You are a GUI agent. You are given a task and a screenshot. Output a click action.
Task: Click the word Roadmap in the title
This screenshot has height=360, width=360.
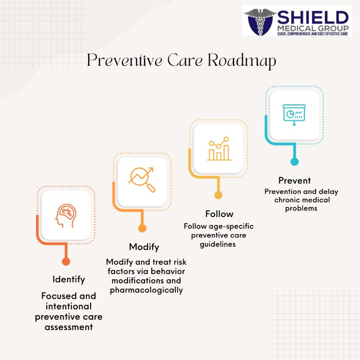point(242,61)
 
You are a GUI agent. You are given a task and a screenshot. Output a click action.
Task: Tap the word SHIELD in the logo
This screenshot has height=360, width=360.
point(313,17)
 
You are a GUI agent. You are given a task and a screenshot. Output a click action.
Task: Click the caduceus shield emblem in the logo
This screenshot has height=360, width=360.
point(260,22)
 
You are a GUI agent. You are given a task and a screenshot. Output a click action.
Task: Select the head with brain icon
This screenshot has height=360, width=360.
point(66,216)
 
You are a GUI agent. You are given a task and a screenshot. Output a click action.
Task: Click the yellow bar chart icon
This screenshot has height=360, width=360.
point(219,149)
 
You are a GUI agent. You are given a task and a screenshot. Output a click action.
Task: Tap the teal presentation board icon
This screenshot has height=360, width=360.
point(294,115)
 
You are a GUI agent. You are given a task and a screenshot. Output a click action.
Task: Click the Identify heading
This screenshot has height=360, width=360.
point(68,279)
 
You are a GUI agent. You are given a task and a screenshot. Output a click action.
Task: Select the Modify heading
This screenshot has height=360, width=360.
point(144,247)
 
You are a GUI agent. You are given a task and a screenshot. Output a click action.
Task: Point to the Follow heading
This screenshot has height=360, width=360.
point(219,214)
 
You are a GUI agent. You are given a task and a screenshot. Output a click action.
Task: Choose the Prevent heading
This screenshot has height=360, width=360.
point(295,181)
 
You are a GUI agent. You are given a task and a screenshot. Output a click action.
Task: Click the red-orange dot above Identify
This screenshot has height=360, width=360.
point(66,261)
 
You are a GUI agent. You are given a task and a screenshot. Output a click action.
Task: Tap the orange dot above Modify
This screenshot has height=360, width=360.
point(142,228)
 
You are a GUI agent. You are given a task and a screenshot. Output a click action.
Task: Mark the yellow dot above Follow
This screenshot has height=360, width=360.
point(219,195)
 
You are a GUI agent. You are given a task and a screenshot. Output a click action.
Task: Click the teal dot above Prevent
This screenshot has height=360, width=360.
point(295,161)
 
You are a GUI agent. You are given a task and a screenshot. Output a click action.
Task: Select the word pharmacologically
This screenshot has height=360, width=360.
point(146,290)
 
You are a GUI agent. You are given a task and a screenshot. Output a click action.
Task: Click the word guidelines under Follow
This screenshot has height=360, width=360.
point(218,244)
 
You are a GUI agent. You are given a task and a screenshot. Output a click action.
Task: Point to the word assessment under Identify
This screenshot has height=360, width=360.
point(68,327)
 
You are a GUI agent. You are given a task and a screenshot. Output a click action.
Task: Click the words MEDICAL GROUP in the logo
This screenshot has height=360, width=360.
point(313,28)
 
